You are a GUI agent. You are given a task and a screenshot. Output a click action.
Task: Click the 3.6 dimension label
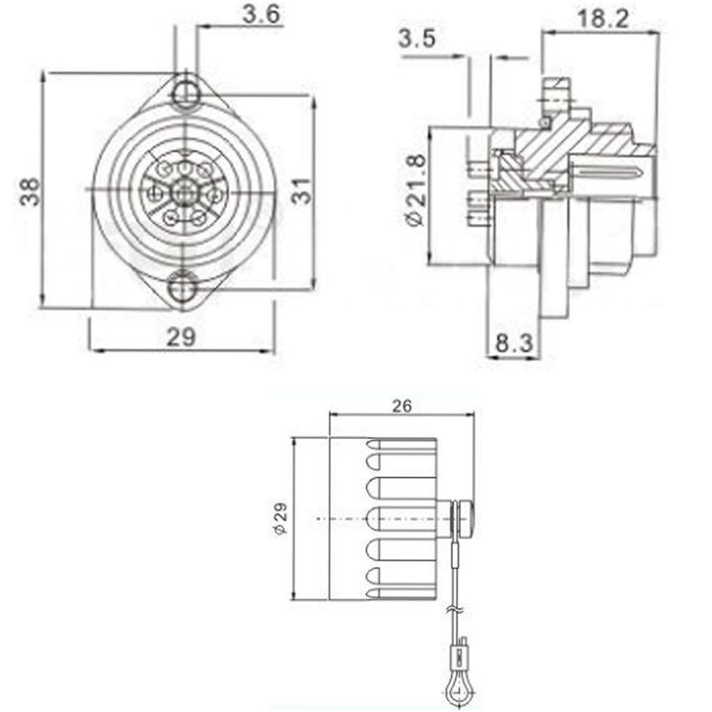pyautogui.click(x=262, y=14)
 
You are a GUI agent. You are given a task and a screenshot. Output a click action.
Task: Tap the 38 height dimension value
pyautogui.click(x=30, y=192)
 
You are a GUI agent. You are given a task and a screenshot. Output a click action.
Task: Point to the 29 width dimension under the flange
pyautogui.click(x=181, y=337)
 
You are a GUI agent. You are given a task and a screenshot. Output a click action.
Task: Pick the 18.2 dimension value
pyautogui.click(x=603, y=19)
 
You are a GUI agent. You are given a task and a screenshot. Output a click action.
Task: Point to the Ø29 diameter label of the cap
pyautogui.click(x=280, y=519)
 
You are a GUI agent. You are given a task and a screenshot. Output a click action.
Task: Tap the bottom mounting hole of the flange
pyautogui.click(x=183, y=286)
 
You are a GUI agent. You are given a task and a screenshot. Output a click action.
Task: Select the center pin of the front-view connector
pyautogui.click(x=184, y=192)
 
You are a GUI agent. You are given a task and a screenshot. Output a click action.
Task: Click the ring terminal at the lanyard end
pyautogui.click(x=458, y=693)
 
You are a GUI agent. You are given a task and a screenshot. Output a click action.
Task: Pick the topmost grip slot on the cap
pyautogui.click(x=401, y=445)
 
